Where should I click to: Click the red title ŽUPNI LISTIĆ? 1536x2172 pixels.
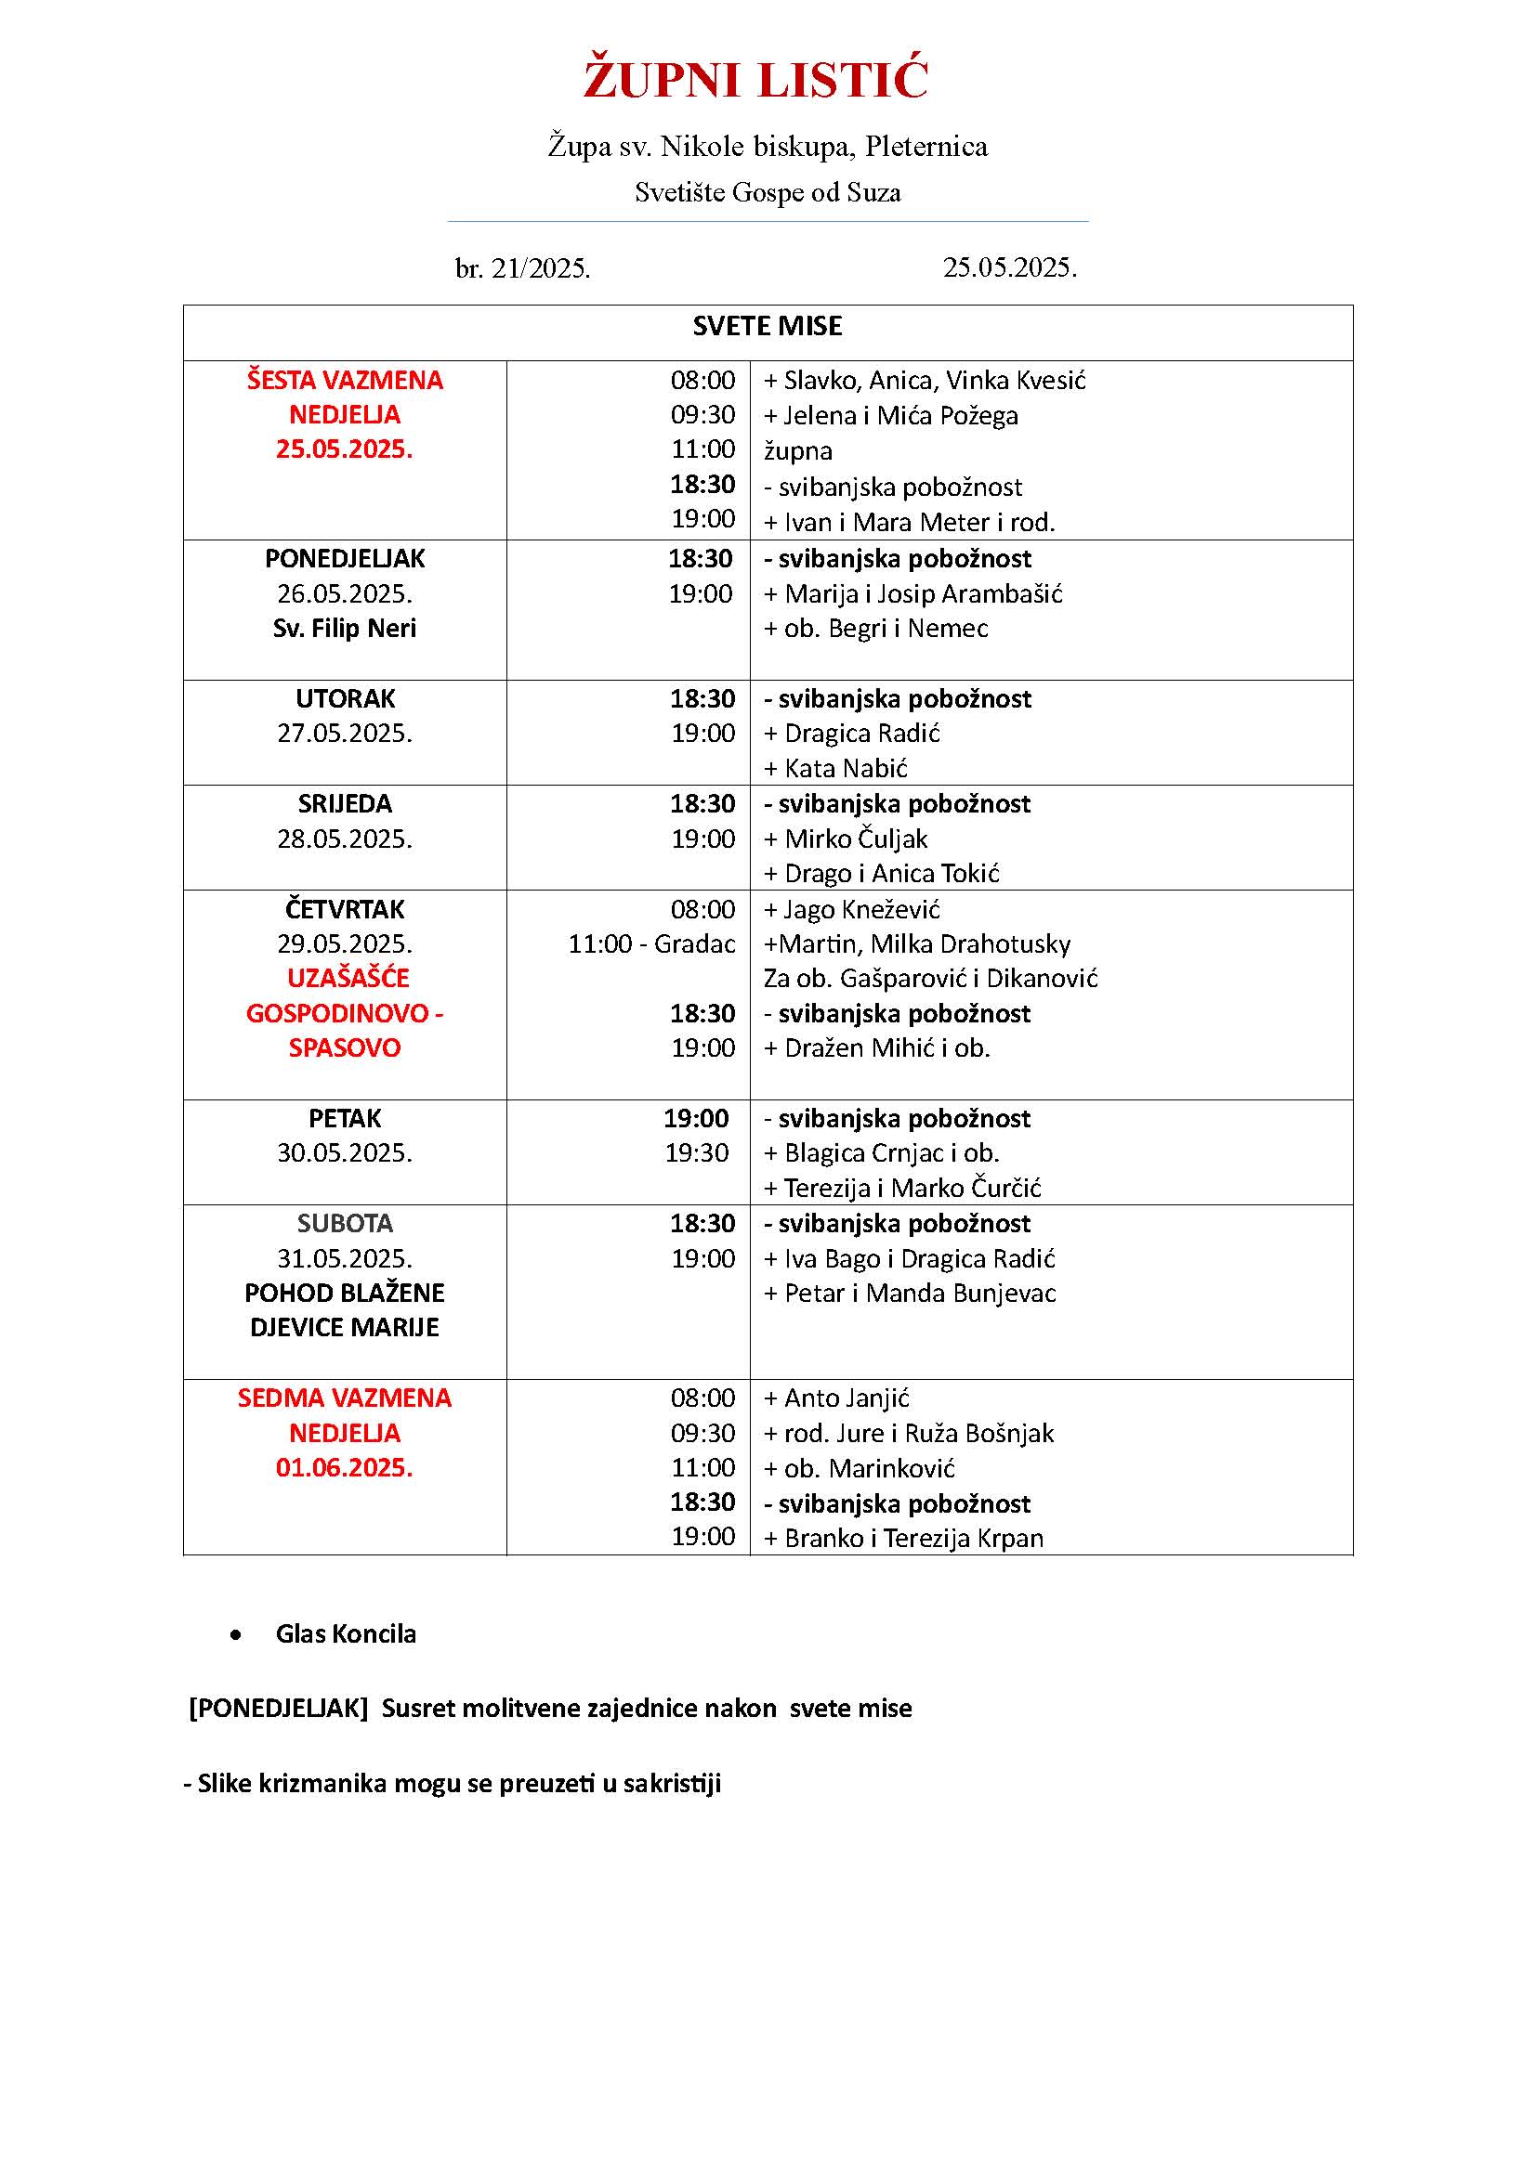tap(755, 80)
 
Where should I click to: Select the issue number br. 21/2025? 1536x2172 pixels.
tap(522, 269)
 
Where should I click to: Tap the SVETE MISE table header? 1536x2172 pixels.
tap(767, 327)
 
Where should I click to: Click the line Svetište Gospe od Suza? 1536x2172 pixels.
tap(767, 193)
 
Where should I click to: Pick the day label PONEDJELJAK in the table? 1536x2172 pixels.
tap(345, 559)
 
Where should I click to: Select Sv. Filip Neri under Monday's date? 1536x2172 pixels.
tap(345, 629)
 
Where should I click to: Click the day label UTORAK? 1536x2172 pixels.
tap(345, 699)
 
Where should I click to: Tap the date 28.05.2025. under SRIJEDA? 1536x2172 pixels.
tap(345, 839)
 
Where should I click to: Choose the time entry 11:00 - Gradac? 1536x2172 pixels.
tap(651, 944)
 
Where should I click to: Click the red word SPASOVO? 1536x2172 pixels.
tap(345, 1048)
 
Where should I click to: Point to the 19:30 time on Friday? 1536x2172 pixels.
tap(697, 1153)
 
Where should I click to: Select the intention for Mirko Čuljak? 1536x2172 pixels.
tap(846, 839)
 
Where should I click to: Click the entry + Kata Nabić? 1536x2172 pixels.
tap(835, 768)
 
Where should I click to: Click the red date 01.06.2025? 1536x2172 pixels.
tap(345, 1468)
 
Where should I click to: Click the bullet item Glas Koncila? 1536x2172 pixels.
tap(346, 1634)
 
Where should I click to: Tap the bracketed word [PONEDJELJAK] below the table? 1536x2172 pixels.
tap(278, 1709)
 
